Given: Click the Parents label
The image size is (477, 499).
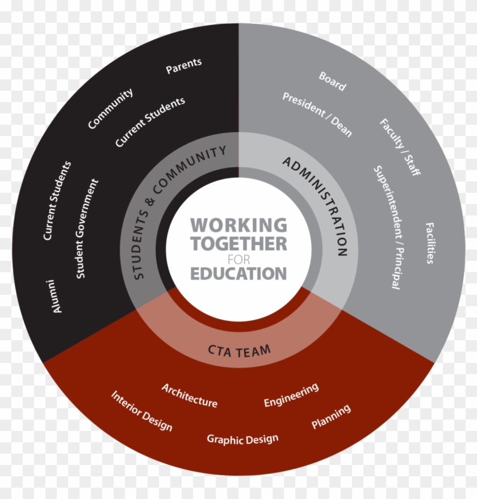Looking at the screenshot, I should coord(183,66).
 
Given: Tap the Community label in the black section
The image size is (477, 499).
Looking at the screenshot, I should coord(110,108).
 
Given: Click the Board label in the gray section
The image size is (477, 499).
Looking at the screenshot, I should coord(332,81).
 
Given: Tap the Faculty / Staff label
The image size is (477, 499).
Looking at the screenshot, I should coord(400,147).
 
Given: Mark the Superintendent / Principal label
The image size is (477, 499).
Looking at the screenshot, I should coord(387,227).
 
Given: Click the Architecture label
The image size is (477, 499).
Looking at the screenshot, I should coord(189,395).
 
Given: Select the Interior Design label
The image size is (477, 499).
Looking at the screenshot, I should coord(141,410).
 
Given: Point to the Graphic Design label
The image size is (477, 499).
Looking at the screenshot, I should coord(242,438).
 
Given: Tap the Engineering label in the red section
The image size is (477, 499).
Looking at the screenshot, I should coord(291,395).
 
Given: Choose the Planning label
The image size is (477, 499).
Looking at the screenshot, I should coord(331,417).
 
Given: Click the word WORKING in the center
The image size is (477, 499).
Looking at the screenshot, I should coord(238,225).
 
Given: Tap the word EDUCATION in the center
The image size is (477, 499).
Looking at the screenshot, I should coord(238,273).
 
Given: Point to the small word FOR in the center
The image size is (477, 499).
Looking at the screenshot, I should coord(238,259).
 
